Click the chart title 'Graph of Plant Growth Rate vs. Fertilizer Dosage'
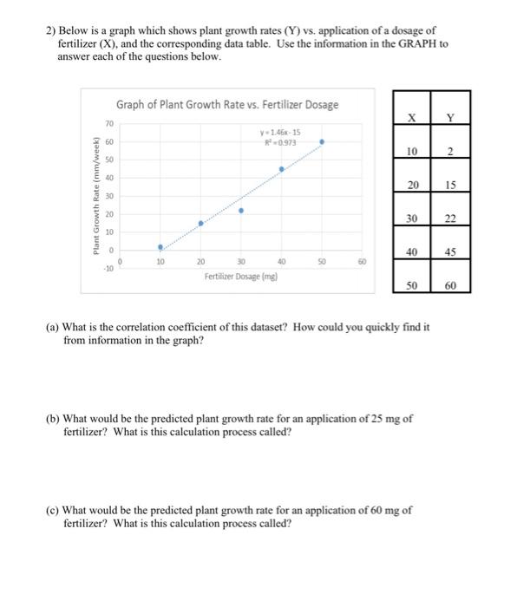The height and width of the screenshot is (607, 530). (227, 105)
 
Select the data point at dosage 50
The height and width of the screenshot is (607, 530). (323, 140)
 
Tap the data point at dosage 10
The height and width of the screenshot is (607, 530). (160, 246)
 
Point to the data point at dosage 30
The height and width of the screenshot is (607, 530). (241, 210)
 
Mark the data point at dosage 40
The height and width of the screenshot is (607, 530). (282, 169)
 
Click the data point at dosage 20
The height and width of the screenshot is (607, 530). (200, 223)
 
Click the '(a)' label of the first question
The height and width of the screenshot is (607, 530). (54, 328)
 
